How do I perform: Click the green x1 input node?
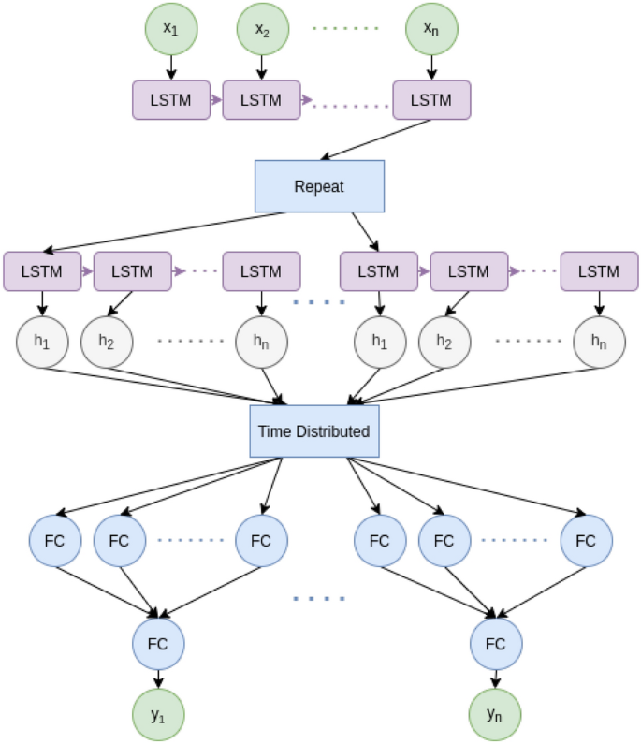[x=170, y=29]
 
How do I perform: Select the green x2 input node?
[x=261, y=29]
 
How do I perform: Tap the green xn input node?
[x=430, y=29]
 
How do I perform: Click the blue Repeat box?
[x=319, y=186]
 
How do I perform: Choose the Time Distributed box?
[x=314, y=431]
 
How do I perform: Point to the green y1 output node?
[x=158, y=715]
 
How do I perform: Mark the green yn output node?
[x=495, y=715]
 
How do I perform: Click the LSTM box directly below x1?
[x=170, y=100]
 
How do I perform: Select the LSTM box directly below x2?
[x=261, y=100]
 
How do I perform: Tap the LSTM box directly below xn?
[x=430, y=100]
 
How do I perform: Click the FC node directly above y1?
[x=158, y=644]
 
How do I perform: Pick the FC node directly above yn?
[x=495, y=644]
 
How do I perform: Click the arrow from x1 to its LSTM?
[x=170, y=67]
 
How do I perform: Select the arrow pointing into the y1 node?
[x=158, y=679]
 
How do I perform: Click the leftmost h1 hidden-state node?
[x=42, y=343]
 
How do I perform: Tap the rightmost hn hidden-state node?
[x=599, y=343]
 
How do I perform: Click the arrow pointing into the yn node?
[x=495, y=679]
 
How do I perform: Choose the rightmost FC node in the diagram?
[x=586, y=540]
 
